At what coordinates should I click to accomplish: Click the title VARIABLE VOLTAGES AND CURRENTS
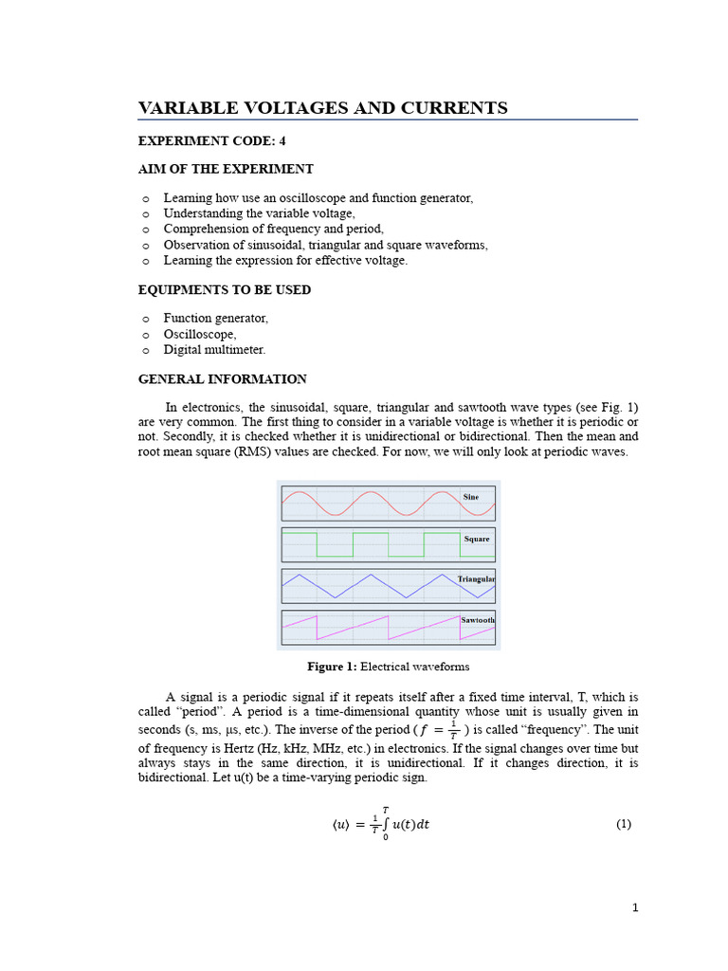tap(322, 108)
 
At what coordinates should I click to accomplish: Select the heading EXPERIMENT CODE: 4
tap(211, 140)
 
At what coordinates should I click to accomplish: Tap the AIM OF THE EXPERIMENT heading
tap(226, 169)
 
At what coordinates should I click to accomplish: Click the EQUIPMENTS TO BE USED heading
tap(225, 289)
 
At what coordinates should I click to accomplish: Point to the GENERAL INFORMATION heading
tap(222, 378)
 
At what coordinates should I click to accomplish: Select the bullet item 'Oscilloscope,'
tap(200, 334)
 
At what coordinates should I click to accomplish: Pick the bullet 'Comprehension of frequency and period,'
tap(273, 229)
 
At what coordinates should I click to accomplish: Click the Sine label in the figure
tap(470, 497)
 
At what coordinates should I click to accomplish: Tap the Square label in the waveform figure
tap(476, 539)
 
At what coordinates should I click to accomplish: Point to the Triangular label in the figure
tap(476, 578)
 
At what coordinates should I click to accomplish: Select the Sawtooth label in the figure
tap(477, 619)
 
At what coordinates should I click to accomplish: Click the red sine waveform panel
tap(370, 503)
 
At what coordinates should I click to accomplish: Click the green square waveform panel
tap(370, 544)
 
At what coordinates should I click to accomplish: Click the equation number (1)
tap(623, 824)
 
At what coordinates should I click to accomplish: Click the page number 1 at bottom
tap(635, 907)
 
